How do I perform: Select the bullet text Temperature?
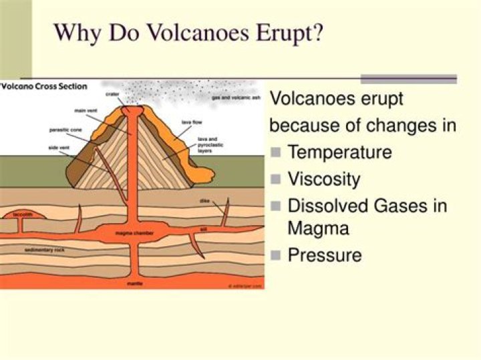(339, 152)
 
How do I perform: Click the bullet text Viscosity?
(323, 179)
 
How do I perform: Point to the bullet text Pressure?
(324, 254)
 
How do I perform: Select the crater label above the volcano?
(112, 95)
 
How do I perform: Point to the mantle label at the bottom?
(134, 283)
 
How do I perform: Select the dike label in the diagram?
(204, 200)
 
